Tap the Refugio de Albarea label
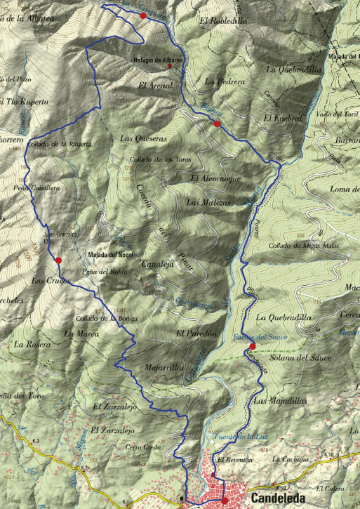pos(158,60)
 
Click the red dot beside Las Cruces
pos(59,260)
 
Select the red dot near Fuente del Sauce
pos(252,345)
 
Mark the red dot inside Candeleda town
pos(224,501)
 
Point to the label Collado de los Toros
pos(161,160)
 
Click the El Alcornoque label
pos(215,179)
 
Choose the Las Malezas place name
pos(208,203)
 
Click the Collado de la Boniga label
pos(105,318)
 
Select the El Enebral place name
pos(283,118)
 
